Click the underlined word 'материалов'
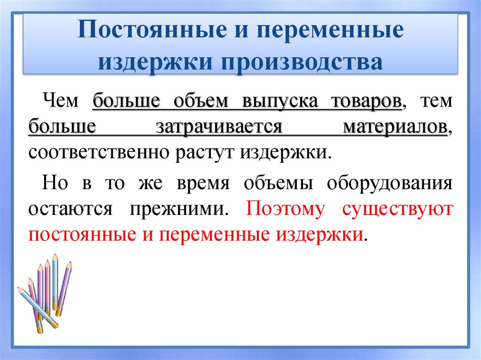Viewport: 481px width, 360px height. [x=395, y=128]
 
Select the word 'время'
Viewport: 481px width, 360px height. [x=203, y=183]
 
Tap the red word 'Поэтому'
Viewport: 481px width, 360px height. [x=285, y=208]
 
